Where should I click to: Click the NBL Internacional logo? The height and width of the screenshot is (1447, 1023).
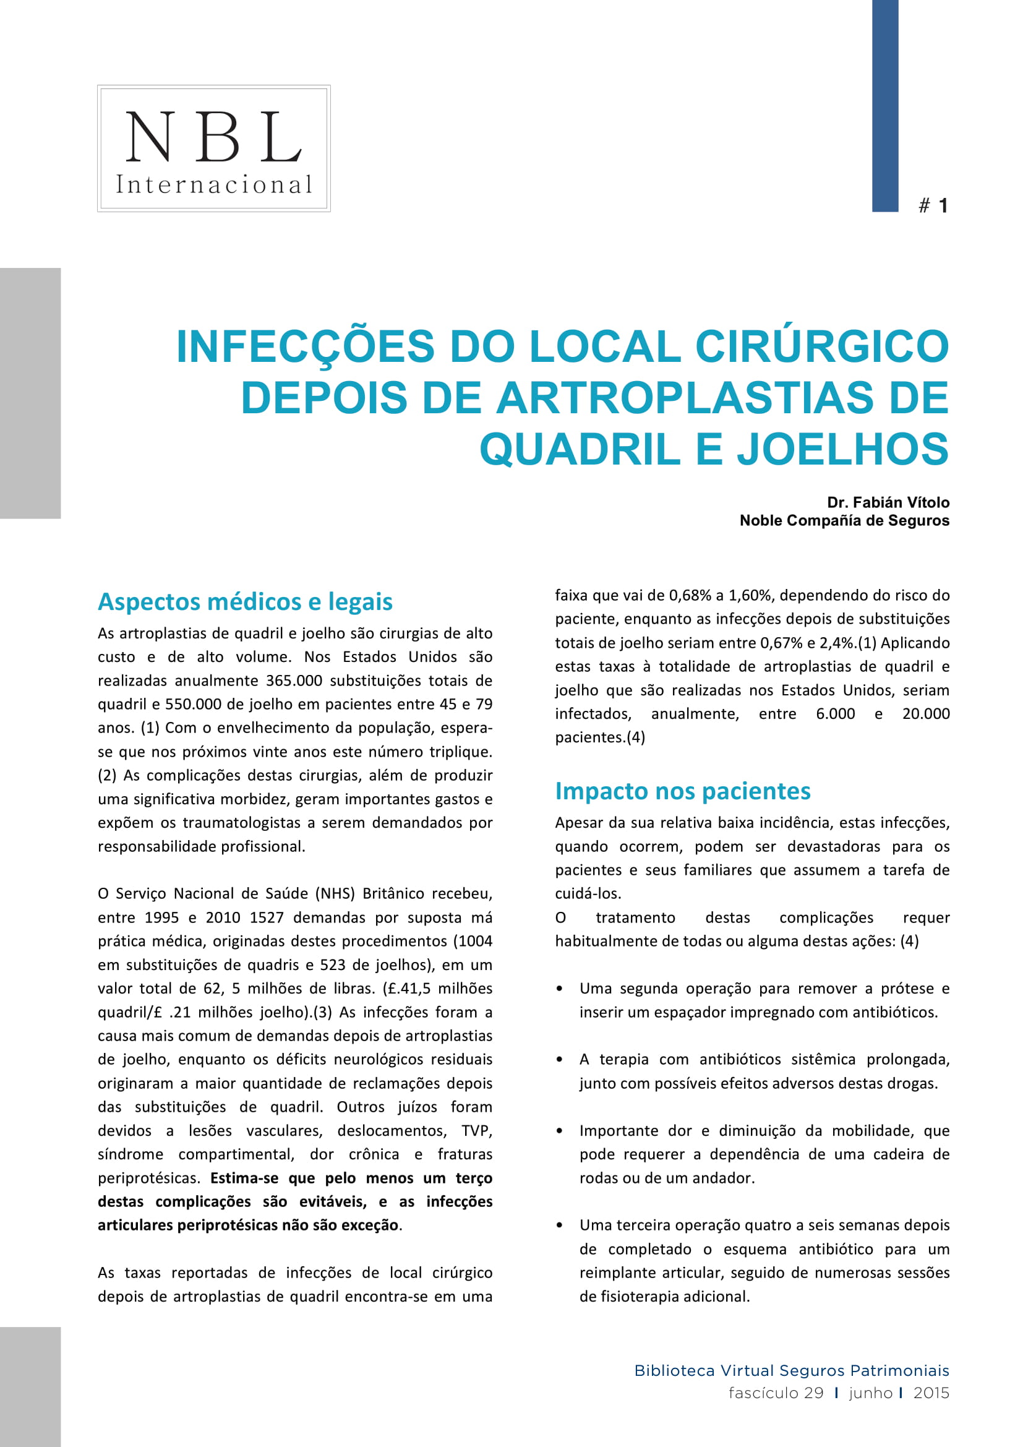tap(213, 148)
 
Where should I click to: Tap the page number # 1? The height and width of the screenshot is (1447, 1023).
tap(933, 205)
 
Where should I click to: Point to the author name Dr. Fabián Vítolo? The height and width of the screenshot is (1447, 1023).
tap(888, 502)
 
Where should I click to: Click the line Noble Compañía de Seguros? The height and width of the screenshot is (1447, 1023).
tap(844, 520)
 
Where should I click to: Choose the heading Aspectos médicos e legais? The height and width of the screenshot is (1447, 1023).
tap(245, 602)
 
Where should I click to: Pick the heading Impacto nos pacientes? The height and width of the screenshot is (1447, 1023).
tap(682, 791)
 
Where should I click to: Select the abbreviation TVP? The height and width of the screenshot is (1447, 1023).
tap(476, 1131)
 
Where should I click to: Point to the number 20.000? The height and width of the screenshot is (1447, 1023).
tap(925, 714)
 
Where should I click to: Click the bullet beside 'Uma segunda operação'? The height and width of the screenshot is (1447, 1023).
tap(559, 989)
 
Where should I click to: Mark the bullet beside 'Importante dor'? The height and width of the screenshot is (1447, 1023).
tap(559, 1131)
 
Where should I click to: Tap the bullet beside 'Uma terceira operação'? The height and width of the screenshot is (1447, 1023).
tap(559, 1226)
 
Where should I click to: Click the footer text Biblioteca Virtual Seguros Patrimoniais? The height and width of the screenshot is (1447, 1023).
tap(791, 1371)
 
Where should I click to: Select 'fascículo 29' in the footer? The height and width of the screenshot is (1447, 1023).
tap(776, 1393)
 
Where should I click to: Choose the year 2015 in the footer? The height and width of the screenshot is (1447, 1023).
tap(931, 1393)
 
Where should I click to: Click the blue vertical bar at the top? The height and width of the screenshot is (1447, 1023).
tap(884, 105)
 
